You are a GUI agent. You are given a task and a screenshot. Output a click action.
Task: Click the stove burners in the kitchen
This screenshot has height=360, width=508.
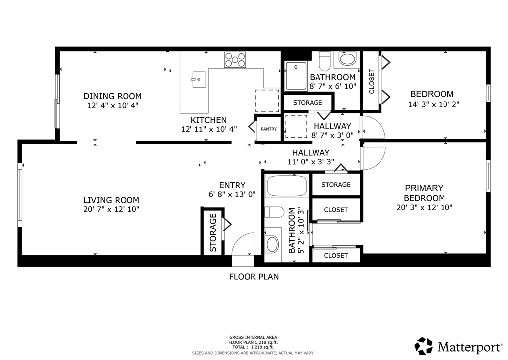(x=235, y=60)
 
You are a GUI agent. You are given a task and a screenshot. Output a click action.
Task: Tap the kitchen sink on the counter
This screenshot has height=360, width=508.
(x=199, y=79)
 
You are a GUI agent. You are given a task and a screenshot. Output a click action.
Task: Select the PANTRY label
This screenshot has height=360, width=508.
(x=269, y=129)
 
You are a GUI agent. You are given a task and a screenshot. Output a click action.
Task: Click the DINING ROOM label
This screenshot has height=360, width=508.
(x=113, y=96)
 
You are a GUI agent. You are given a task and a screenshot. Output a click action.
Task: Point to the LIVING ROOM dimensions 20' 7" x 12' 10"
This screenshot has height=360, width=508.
(x=111, y=209)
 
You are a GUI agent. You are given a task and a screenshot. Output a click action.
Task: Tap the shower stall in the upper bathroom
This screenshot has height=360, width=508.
(x=296, y=75)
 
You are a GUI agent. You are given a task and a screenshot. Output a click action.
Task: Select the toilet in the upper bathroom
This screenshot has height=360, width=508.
(x=325, y=61)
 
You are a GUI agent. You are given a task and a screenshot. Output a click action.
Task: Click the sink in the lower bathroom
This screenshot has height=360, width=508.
(x=272, y=244)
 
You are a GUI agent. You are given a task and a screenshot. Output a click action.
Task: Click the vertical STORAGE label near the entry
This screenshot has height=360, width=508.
(x=213, y=232)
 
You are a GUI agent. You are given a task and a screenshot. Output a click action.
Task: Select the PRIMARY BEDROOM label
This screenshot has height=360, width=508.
(x=424, y=193)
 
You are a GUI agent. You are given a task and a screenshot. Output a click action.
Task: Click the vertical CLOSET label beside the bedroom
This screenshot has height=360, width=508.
(x=372, y=81)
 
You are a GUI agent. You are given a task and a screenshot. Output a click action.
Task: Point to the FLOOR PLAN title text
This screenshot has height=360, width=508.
(x=254, y=277)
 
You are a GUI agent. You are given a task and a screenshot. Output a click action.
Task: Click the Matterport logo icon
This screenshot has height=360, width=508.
(x=424, y=346)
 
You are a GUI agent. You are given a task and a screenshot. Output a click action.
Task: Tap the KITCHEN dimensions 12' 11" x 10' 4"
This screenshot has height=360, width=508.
(x=209, y=129)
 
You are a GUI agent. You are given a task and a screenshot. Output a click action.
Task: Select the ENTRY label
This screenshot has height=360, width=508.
(x=232, y=185)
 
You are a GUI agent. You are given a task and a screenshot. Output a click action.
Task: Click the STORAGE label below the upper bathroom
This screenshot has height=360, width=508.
(x=308, y=103)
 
